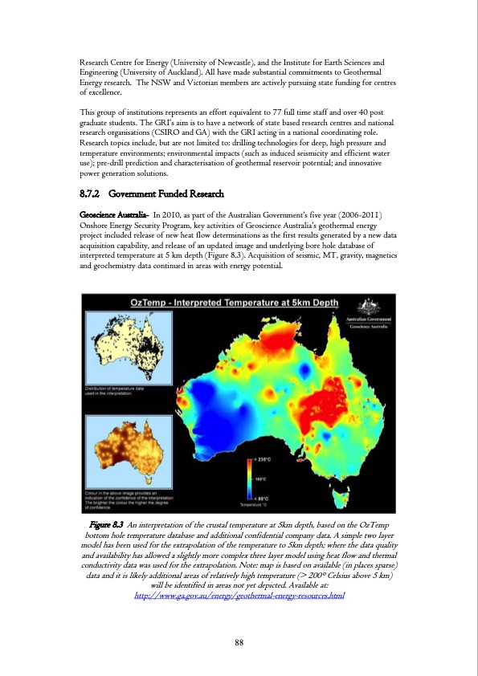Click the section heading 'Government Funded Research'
tap(165, 194)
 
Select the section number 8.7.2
tap(89, 194)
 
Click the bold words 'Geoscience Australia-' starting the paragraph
tap(112, 215)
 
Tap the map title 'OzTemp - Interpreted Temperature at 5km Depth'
tap(235, 303)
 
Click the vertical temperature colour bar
tap(250, 478)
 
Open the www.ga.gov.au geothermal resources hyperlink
tap(239, 597)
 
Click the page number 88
tap(239, 641)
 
